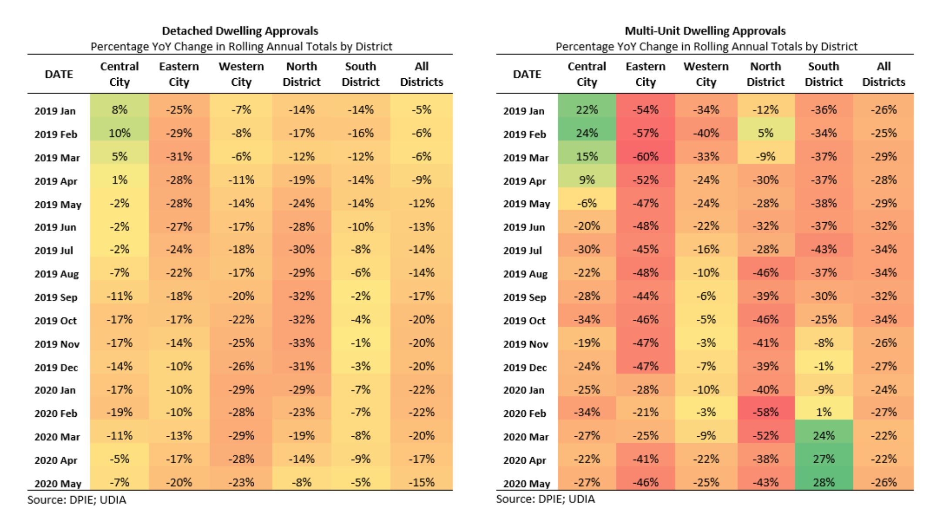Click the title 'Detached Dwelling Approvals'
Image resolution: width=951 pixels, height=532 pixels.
point(240,31)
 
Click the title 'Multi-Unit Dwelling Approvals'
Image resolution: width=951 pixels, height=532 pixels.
point(705,31)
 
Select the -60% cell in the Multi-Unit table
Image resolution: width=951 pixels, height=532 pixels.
point(645,157)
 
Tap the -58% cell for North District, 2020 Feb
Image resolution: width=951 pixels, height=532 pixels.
point(765,412)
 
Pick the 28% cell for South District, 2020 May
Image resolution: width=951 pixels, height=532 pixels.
point(823,482)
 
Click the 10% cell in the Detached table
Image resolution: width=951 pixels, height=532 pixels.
point(119,133)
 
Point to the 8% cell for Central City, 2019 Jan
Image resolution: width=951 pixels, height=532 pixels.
point(119,110)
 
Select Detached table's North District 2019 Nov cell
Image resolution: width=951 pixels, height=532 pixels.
point(301,343)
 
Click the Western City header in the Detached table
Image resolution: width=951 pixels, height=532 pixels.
point(241,74)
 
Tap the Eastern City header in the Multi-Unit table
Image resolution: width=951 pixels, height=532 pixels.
point(645,74)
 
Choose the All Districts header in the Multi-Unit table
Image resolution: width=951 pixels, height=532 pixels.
point(883,74)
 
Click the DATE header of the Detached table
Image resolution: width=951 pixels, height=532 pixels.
point(59,74)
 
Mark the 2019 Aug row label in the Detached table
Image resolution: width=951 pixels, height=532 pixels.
point(57,274)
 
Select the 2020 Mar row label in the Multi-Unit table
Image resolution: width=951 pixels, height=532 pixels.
point(526,437)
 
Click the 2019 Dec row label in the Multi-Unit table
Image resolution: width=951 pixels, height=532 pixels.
point(525,368)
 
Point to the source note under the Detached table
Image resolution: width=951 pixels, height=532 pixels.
point(77,500)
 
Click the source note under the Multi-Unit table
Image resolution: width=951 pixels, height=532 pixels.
point(545,499)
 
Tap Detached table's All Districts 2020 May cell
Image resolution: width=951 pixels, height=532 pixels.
point(421,482)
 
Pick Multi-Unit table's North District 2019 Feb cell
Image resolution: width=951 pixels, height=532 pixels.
point(765,133)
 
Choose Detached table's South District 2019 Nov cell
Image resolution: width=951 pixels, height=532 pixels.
point(360,343)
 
